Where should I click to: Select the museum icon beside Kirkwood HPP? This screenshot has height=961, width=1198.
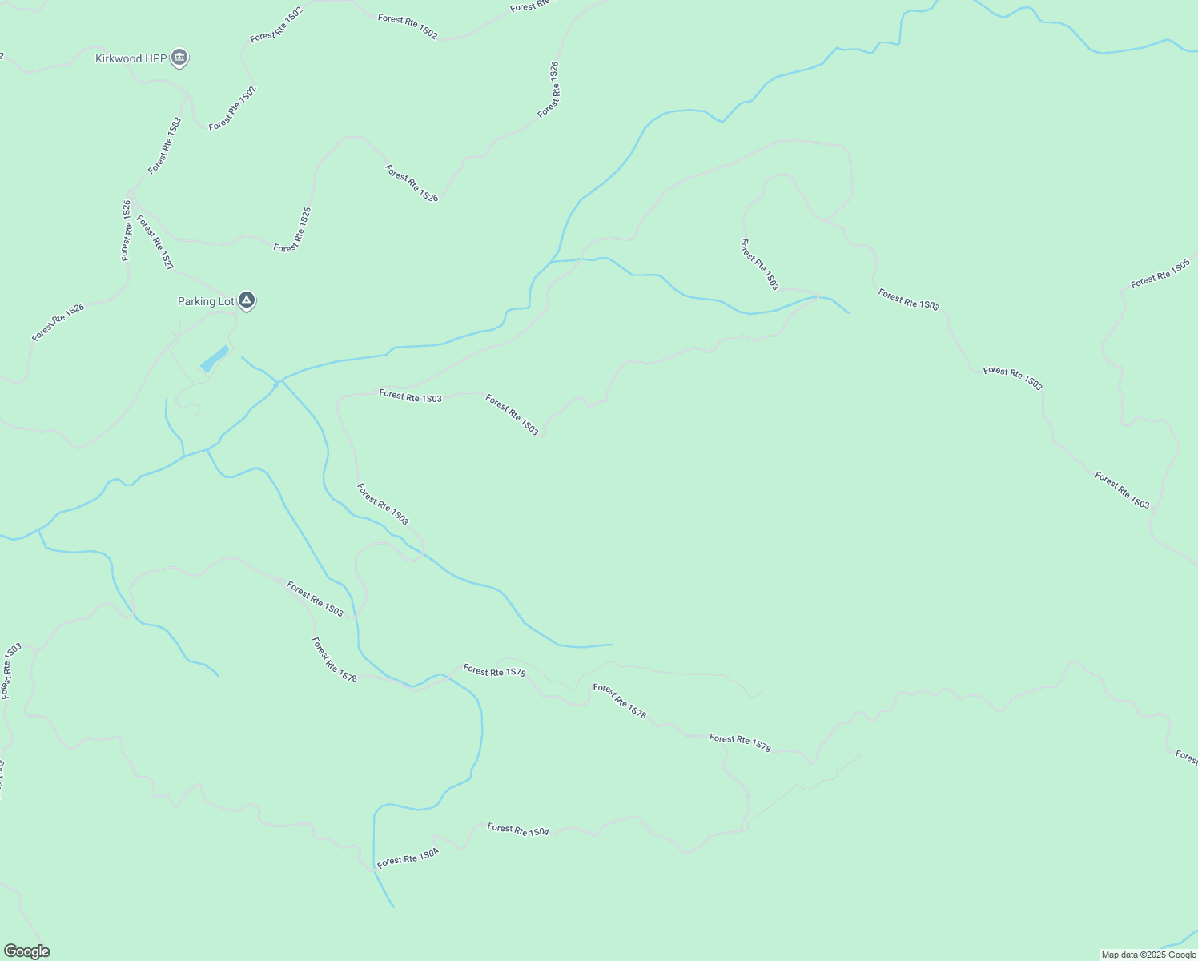(x=180, y=58)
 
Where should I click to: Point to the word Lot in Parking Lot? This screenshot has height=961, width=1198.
(x=227, y=302)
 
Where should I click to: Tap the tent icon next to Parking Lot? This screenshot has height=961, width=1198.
(x=247, y=300)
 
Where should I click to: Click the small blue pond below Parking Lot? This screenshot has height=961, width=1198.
(x=214, y=358)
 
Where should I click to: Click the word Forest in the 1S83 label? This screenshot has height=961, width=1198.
(x=157, y=162)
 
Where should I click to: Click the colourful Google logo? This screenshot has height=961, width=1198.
(x=26, y=951)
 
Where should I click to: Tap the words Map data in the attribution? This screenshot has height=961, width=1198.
(x=1120, y=955)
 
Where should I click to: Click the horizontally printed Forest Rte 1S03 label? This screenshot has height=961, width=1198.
(x=410, y=396)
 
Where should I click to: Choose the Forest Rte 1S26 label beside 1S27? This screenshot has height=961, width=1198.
(x=127, y=231)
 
